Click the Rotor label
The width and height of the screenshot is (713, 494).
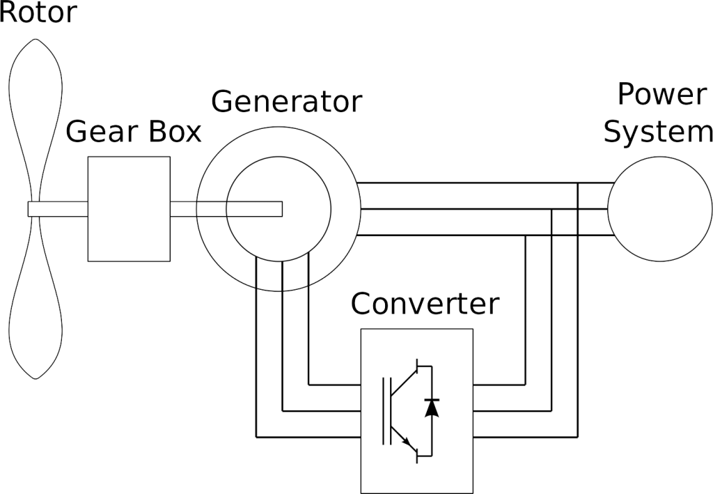coord(38,12)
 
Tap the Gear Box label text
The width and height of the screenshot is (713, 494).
coord(133,132)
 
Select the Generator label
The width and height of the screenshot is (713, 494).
coord(286,102)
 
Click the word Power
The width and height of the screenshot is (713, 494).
coord(661,93)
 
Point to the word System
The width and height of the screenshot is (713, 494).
coord(658,132)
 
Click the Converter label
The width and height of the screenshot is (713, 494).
coord(425,303)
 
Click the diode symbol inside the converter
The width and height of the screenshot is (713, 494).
coord(432,408)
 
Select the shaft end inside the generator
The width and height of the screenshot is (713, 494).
coord(283,209)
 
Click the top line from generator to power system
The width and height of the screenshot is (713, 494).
coord(485,183)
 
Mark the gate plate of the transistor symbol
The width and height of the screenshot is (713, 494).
coord(384,411)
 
